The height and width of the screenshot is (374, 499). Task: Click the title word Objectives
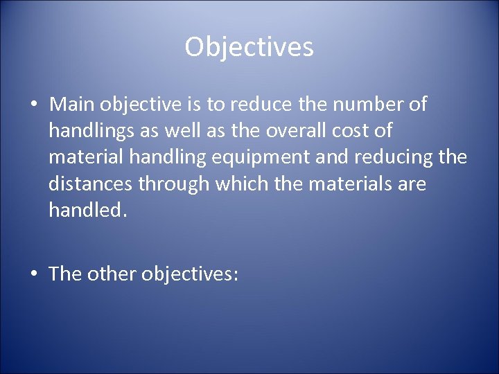tap(249, 47)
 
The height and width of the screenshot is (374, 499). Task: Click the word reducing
tap(395, 157)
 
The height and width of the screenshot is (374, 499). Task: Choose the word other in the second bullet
tap(112, 274)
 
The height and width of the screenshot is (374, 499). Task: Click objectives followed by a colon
tap(189, 274)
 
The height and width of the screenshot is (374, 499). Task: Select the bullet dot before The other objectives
tap(33, 274)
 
